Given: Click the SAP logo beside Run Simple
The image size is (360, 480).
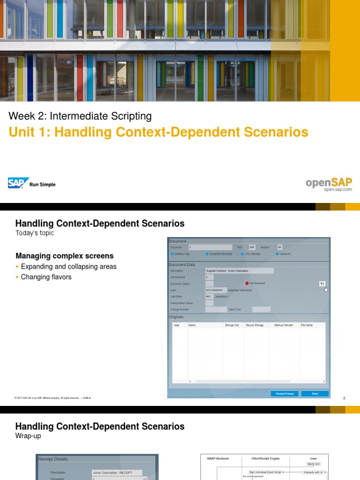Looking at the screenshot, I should (19, 183).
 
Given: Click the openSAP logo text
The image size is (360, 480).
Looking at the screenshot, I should (329, 182).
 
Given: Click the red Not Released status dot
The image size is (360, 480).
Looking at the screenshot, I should (247, 283).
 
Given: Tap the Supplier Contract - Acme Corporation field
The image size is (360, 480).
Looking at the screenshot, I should (239, 271).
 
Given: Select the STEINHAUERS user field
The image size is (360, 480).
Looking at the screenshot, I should (216, 290).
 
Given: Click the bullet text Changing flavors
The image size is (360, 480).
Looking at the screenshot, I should (46, 277).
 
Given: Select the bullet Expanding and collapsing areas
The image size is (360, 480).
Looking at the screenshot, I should (68, 266).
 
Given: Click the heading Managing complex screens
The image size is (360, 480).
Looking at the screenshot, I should (64, 256).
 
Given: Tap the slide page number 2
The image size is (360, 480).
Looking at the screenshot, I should (344, 398).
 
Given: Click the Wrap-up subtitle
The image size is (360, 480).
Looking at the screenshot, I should (28, 436).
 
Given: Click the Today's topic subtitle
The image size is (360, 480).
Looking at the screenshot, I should (35, 233).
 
